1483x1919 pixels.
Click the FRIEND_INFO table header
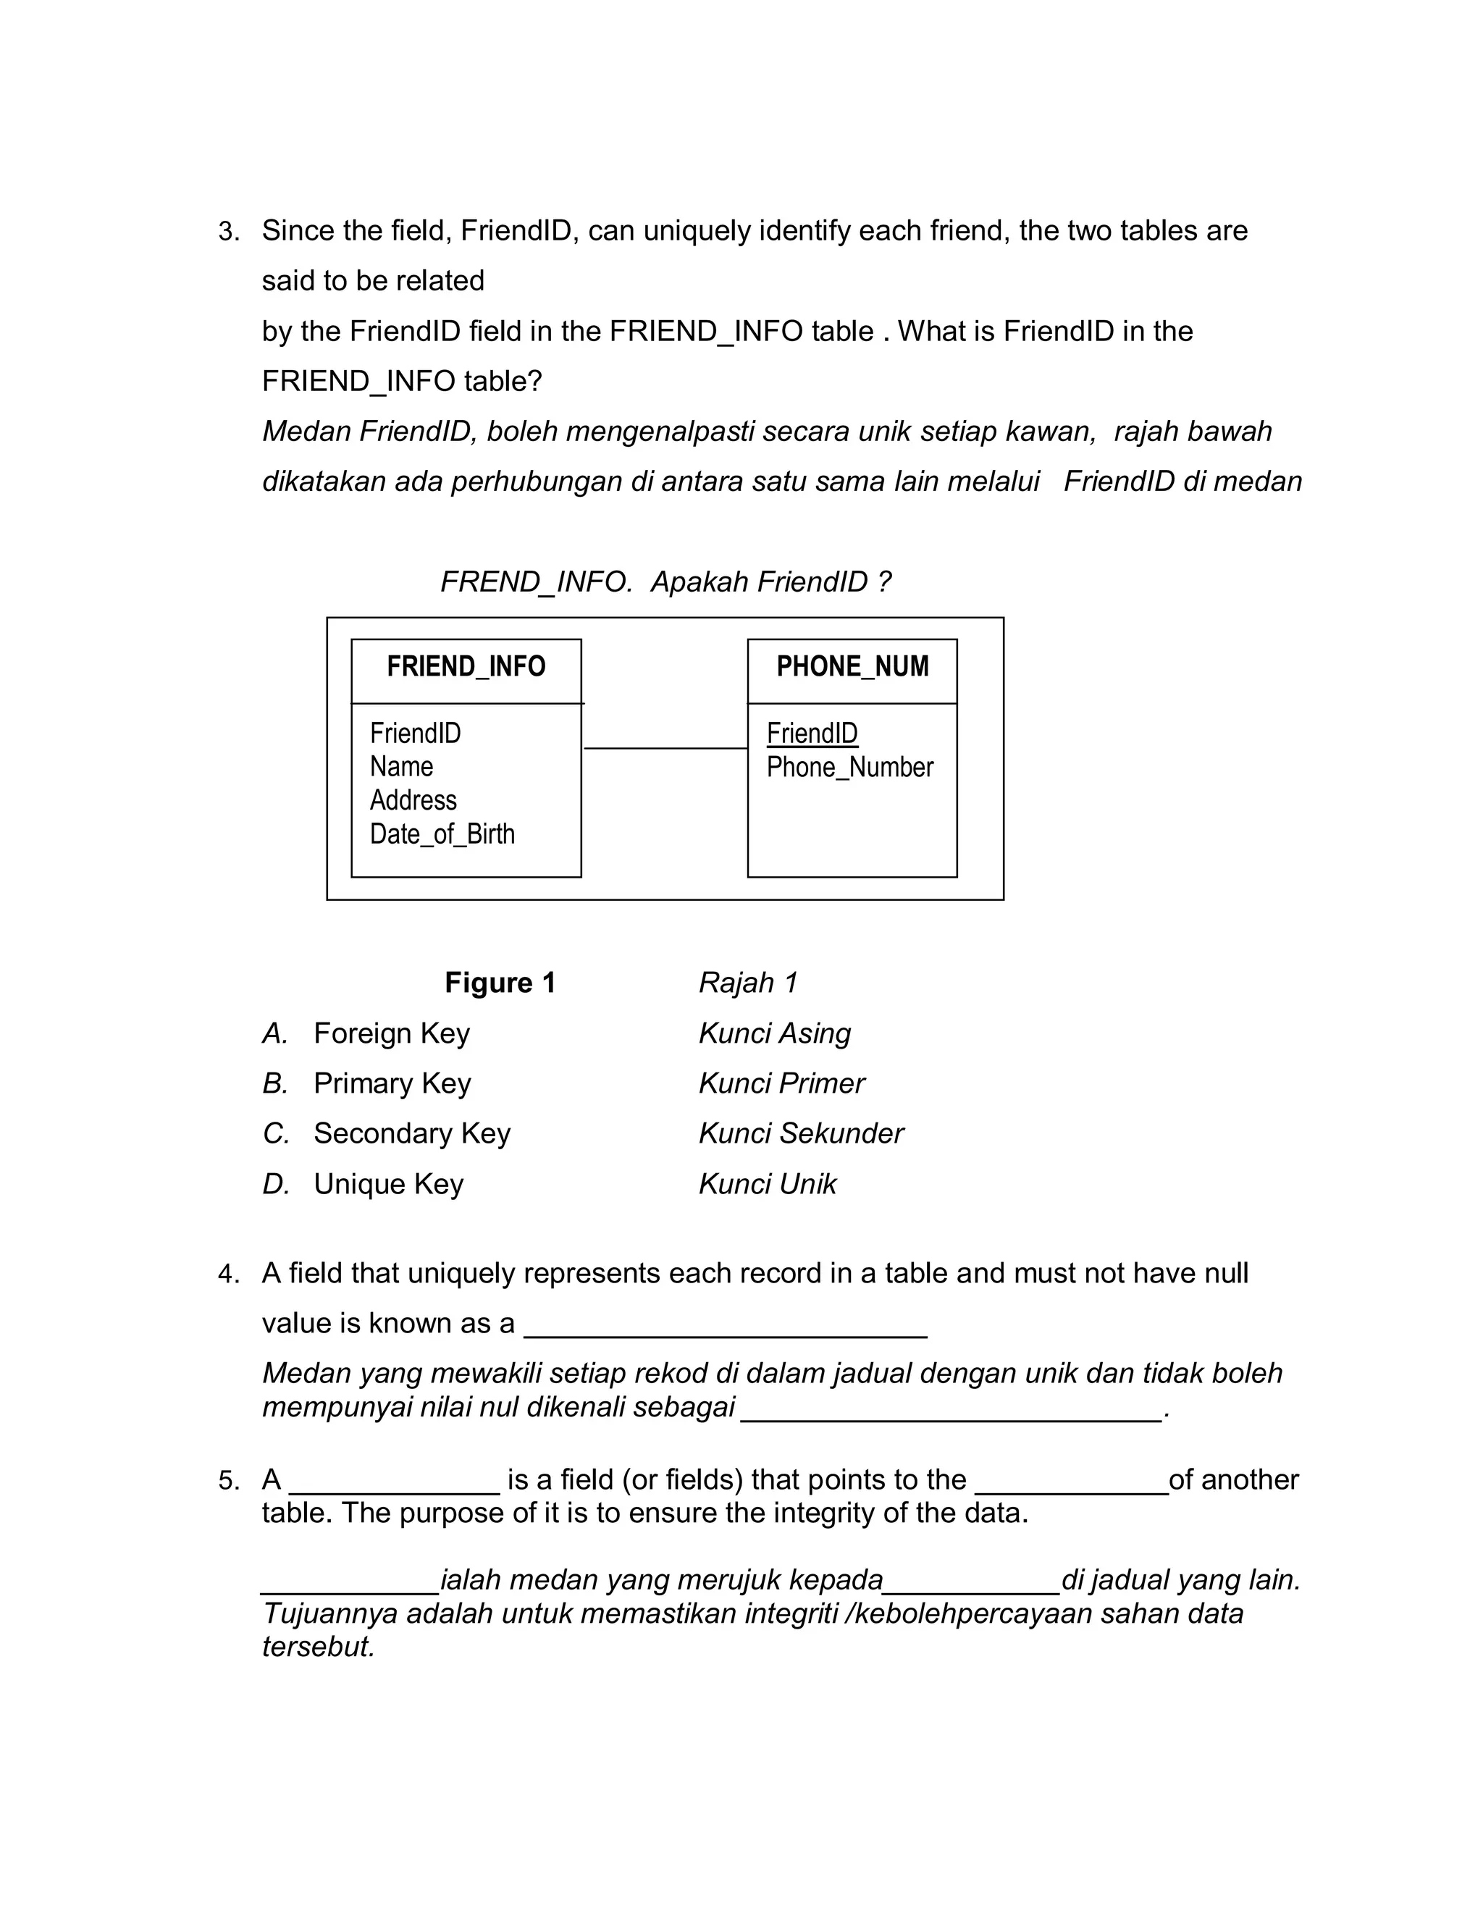[466, 667]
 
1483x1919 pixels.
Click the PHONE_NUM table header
[852, 667]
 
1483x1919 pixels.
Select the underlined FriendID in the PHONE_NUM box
[812, 733]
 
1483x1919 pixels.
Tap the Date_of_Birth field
[442, 833]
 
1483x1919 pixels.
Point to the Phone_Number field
[849, 767]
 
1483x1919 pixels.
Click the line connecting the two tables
[665, 749]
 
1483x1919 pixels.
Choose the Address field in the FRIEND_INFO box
[413, 800]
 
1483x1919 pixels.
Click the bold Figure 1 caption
[500, 983]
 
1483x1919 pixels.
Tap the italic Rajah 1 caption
[747, 983]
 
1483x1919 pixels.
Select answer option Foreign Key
[391, 1033]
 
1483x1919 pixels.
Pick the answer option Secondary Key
[411, 1133]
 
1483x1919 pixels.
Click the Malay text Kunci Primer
[781, 1083]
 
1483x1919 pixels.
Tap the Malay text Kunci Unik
[767, 1185]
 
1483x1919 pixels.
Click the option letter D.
[275, 1185]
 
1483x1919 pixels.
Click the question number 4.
[227, 1274]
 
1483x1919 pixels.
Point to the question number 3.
[227, 232]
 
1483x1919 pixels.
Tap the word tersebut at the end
[318, 1647]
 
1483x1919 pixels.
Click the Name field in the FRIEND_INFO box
[401, 767]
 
